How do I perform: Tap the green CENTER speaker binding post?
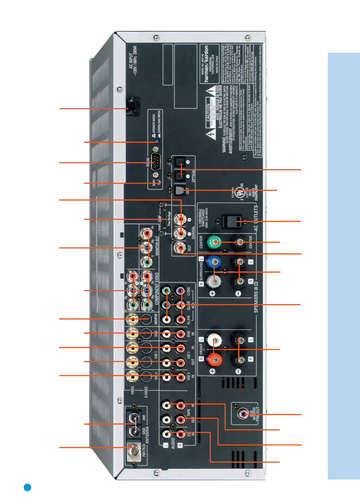click(214, 242)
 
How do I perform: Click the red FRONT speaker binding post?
click(214, 359)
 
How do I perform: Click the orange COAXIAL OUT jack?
click(180, 249)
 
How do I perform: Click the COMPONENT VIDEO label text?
click(157, 288)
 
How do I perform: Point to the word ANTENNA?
click(147, 435)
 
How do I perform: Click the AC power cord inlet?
click(133, 107)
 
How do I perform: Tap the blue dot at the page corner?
click(28, 487)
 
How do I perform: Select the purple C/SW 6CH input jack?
click(180, 290)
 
